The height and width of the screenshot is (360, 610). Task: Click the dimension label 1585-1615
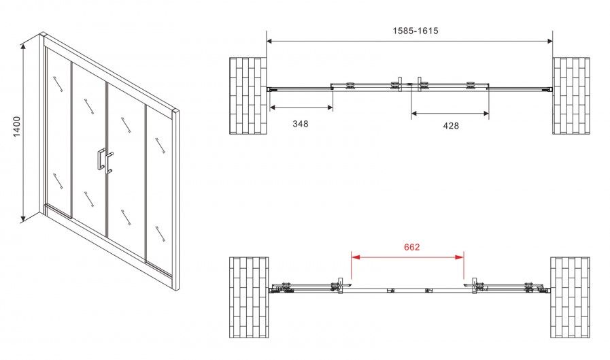(x=415, y=31)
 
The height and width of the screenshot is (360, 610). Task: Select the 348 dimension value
(x=301, y=124)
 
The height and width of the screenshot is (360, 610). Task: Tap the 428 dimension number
(x=451, y=126)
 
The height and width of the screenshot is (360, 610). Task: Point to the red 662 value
(x=411, y=247)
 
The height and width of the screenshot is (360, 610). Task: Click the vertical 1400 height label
(x=17, y=127)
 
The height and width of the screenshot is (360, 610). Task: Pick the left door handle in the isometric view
(x=101, y=159)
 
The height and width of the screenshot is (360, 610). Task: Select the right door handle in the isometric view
(x=109, y=163)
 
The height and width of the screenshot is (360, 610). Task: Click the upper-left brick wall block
(x=248, y=96)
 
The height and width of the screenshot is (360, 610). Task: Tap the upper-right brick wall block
(x=571, y=96)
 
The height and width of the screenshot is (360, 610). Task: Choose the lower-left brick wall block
(x=249, y=297)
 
